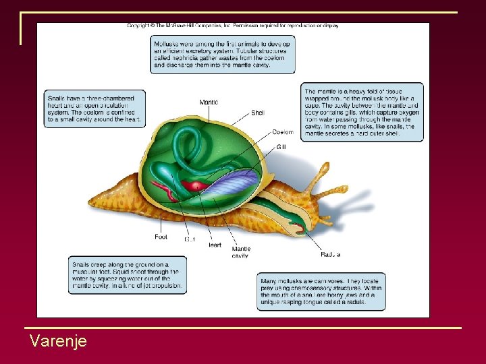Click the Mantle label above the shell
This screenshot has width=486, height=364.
click(209, 102)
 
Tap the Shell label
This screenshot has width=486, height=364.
click(257, 113)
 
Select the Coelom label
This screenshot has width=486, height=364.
click(283, 132)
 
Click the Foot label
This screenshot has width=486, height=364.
click(161, 237)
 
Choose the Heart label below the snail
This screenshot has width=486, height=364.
click(214, 245)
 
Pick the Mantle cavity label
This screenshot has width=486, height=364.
click(241, 252)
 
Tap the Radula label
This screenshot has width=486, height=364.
click(330, 254)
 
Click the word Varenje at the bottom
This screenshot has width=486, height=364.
click(58, 341)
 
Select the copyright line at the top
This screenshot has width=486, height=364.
click(233, 26)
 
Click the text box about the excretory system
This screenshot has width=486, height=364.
click(222, 54)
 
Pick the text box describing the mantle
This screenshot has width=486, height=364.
click(362, 112)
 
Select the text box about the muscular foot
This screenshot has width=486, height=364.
click(126, 275)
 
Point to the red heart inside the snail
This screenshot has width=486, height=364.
click(197, 185)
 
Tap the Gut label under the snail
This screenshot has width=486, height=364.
click(191, 239)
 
